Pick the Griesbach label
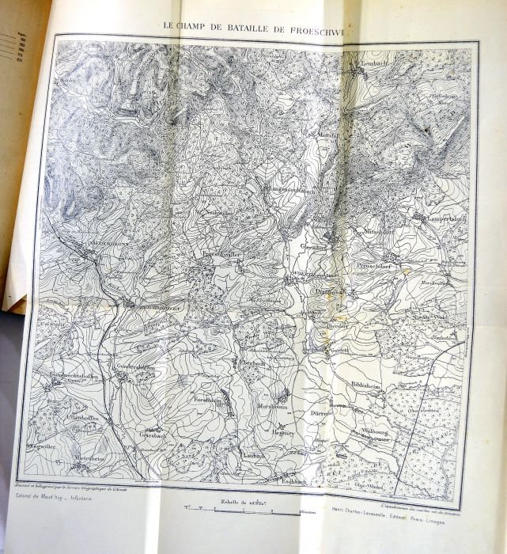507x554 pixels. (x=155, y=435)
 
